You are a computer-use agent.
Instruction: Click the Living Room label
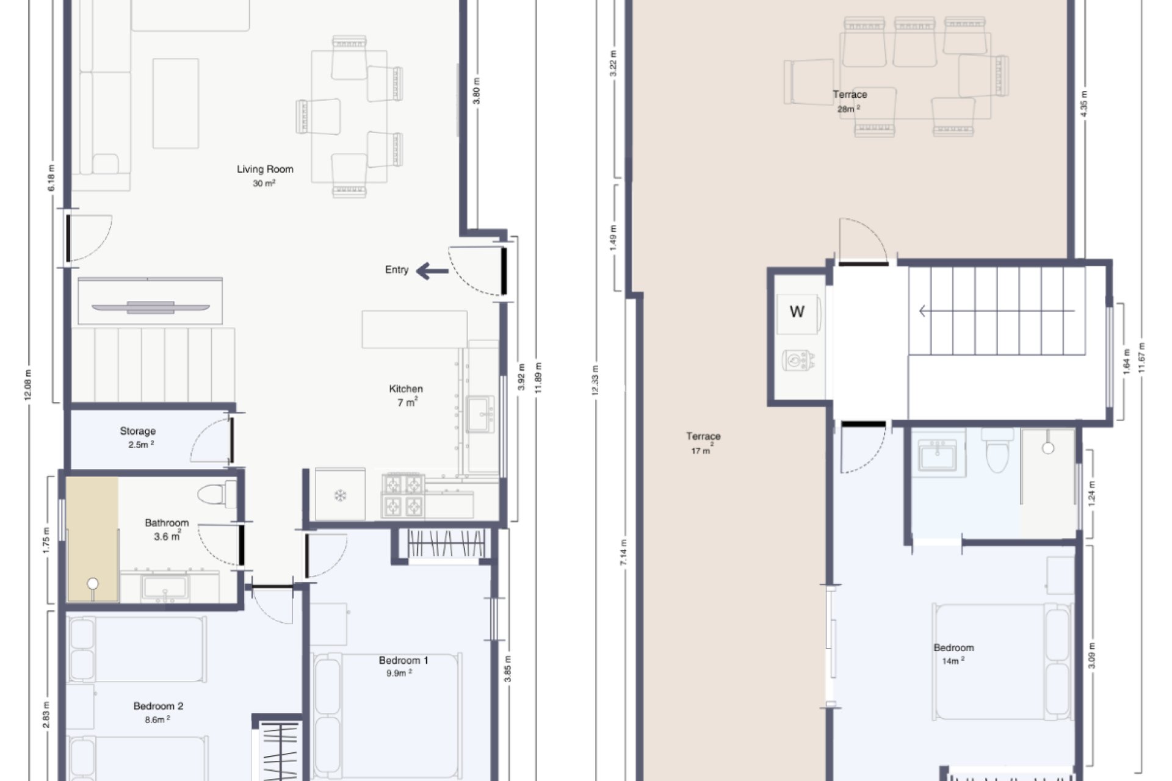pos(265,170)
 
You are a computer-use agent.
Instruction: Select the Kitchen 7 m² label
pos(406,395)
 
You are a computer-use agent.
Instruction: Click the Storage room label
pos(138,431)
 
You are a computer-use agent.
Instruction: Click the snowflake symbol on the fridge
pos(340,495)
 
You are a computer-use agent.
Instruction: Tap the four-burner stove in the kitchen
pos(403,495)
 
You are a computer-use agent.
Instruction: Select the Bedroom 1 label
pos(403,660)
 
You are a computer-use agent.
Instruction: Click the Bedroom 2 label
pos(158,706)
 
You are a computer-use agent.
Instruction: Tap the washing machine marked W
pos(797,312)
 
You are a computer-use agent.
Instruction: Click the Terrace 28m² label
pos(850,95)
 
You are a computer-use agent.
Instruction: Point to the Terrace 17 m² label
pos(703,437)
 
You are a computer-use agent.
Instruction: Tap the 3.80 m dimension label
pos(477,91)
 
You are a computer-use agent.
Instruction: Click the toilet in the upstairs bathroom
pos(997,452)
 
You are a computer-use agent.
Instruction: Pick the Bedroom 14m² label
pos(953,648)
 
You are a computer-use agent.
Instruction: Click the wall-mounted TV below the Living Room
pos(151,306)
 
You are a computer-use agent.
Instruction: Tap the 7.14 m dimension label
pos(623,552)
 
